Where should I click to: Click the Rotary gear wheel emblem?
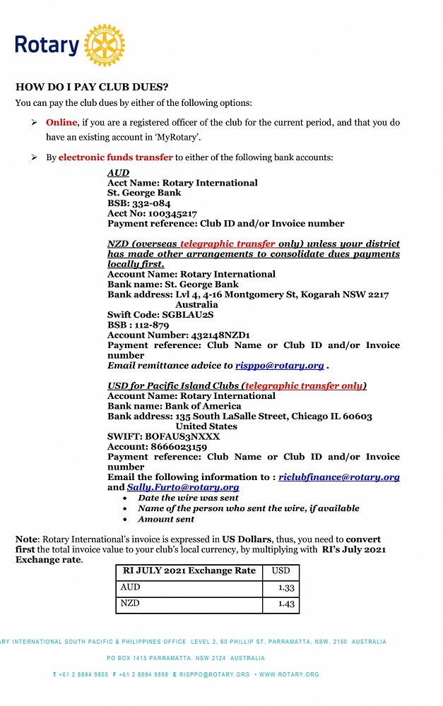click(104, 45)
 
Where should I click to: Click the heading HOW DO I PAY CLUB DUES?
click(92, 88)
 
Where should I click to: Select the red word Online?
click(61, 122)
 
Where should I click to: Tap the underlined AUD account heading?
click(118, 173)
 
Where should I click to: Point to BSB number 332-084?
click(150, 203)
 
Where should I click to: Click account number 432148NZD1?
click(218, 335)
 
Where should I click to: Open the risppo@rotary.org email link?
click(279, 366)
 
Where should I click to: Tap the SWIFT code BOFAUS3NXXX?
click(182, 437)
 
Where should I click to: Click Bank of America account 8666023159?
click(179, 447)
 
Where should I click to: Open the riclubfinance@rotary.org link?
click(339, 477)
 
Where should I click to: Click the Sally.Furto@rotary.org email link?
click(183, 487)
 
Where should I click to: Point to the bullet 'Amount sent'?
click(166, 519)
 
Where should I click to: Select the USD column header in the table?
click(280, 570)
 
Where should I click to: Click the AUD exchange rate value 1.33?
click(286, 587)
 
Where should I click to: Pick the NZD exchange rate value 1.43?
click(286, 604)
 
